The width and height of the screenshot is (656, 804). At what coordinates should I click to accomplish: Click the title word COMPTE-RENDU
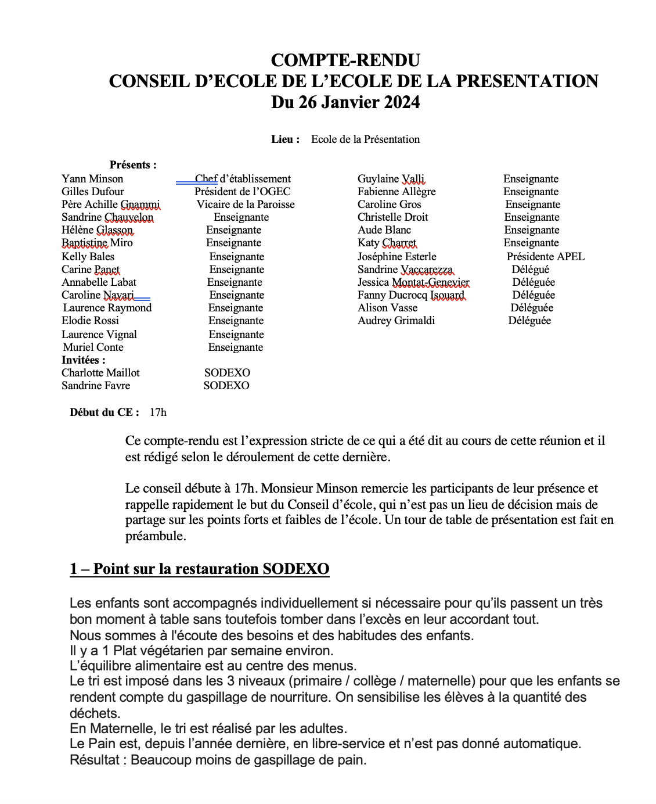pyautogui.click(x=345, y=60)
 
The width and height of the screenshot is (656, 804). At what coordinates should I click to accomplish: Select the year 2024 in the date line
pyautogui.click(x=400, y=102)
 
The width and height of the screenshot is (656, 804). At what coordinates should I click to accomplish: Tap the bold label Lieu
pyautogui.click(x=285, y=139)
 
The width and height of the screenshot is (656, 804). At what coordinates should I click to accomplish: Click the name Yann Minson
pyautogui.click(x=92, y=179)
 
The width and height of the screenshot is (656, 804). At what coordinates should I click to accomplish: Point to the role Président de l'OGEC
pyautogui.click(x=242, y=192)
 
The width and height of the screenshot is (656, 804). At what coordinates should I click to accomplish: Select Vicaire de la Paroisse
pyautogui.click(x=246, y=204)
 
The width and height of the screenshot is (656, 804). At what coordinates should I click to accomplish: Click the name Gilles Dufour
pyautogui.click(x=93, y=192)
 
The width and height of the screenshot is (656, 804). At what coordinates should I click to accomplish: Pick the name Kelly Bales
pyautogui.click(x=88, y=257)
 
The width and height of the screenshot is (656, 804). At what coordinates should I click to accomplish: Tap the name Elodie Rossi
pyautogui.click(x=90, y=321)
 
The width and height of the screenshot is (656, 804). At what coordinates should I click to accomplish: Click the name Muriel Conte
pyautogui.click(x=93, y=347)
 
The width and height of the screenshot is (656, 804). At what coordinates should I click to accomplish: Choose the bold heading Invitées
pyautogui.click(x=84, y=360)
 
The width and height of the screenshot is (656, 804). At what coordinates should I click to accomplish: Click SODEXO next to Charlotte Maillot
pyautogui.click(x=227, y=373)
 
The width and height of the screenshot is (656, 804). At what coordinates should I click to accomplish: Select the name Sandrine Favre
pyautogui.click(x=96, y=386)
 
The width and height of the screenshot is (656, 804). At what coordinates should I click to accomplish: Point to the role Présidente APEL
pyautogui.click(x=545, y=257)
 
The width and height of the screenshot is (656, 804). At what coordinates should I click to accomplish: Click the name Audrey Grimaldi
pyautogui.click(x=396, y=321)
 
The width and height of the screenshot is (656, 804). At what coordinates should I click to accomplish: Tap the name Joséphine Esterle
pyautogui.click(x=397, y=257)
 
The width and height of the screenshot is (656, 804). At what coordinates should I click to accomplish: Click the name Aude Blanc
pyautogui.click(x=384, y=230)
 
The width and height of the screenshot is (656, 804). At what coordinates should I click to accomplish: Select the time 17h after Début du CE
pyautogui.click(x=158, y=412)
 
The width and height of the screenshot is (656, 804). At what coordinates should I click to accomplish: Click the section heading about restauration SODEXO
pyautogui.click(x=199, y=569)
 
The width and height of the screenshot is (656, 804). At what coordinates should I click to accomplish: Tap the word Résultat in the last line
pyautogui.click(x=94, y=760)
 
